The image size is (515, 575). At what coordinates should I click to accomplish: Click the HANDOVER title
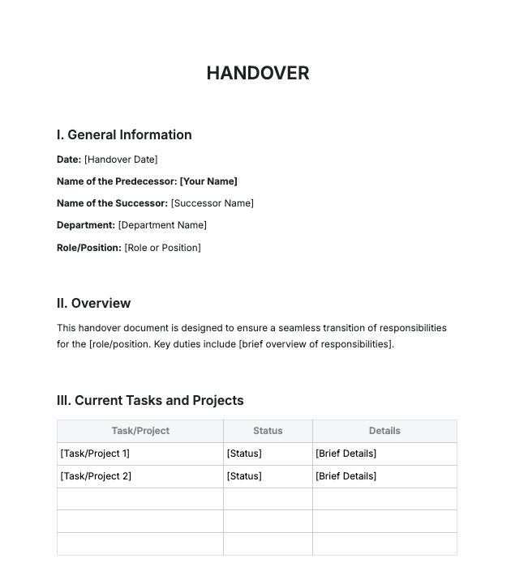(257, 73)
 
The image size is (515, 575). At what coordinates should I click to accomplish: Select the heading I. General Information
(124, 134)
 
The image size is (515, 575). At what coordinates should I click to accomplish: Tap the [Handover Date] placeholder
(121, 160)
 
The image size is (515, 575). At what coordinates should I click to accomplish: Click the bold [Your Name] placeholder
(208, 181)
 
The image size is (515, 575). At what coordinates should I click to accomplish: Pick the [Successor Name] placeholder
(212, 203)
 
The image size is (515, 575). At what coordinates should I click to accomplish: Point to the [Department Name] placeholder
(162, 225)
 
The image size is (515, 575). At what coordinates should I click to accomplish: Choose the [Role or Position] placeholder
(162, 247)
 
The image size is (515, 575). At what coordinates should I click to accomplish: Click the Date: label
(69, 160)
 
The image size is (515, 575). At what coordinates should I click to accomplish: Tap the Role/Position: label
(89, 247)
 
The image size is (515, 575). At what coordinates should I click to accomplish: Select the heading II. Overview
(93, 303)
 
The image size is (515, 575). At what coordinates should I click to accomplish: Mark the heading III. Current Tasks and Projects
(150, 400)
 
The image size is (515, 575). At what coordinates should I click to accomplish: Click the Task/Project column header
(140, 431)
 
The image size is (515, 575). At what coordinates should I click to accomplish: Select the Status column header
(268, 431)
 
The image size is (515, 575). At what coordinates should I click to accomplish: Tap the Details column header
(384, 431)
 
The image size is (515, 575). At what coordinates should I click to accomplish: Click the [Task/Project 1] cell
(95, 454)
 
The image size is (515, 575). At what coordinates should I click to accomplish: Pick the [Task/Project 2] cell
(96, 476)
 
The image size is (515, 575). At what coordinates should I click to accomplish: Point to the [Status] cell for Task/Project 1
(244, 454)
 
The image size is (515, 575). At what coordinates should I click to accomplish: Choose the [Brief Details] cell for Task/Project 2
(345, 476)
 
